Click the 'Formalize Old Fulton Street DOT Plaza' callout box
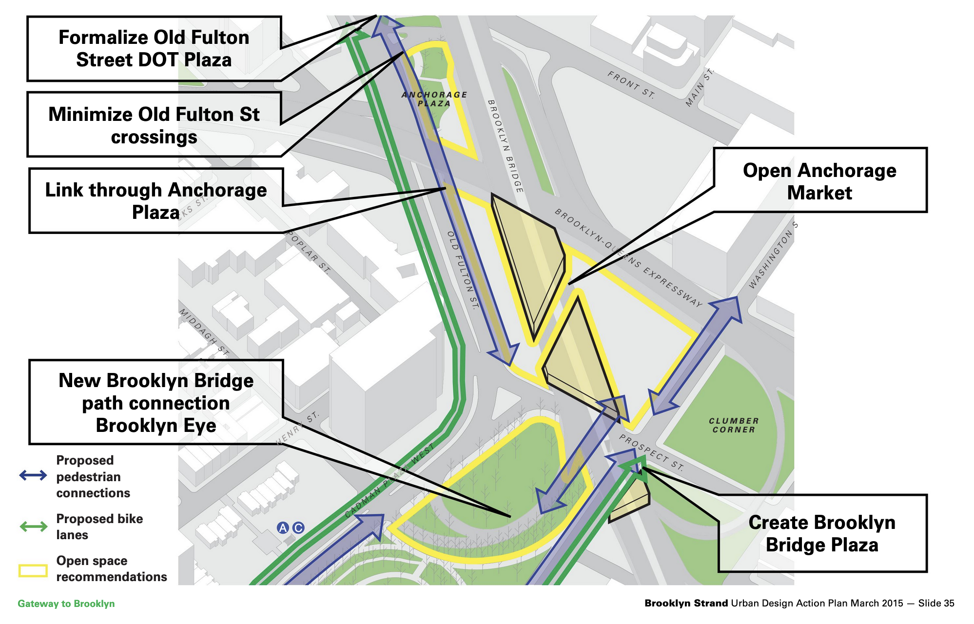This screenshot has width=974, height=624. tap(154, 49)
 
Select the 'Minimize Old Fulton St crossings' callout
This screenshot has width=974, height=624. tap(154, 125)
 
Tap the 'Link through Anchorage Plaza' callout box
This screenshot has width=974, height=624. tap(156, 201)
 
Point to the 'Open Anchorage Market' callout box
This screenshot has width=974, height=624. tap(820, 180)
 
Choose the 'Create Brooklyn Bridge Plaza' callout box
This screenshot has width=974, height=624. tap(822, 533)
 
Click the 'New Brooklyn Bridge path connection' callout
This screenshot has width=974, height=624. tap(156, 403)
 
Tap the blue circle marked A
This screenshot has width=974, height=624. tap(283, 527)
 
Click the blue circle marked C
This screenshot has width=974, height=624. tap(298, 527)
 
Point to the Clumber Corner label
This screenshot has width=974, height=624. tap(734, 425)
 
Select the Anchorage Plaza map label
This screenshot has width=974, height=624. tap(434, 99)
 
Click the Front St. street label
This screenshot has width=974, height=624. tap(631, 85)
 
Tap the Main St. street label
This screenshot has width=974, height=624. tap(700, 88)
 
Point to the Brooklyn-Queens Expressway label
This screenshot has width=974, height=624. tap(629, 258)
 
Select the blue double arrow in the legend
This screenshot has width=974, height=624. tap(33, 475)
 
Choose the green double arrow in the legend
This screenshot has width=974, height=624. tap(33, 526)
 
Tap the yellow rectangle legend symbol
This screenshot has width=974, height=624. tap(33, 570)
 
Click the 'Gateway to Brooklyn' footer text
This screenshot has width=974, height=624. tap(66, 604)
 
